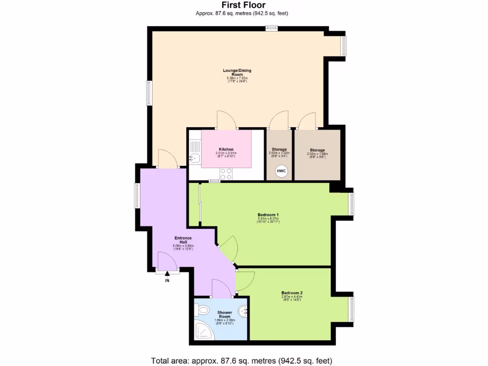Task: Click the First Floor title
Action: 244,5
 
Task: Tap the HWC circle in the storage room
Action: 281,171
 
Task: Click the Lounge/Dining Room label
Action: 237,72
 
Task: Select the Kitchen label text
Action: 226,149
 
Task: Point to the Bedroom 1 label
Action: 268,214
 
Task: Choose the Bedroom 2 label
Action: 292,293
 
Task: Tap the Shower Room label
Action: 224,315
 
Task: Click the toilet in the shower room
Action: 203,310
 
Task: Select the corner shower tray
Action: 204,330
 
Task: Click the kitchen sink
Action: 194,158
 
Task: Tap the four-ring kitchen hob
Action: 226,174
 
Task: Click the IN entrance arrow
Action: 167,274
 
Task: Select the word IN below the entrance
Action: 167,281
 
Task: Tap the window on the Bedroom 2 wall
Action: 352,309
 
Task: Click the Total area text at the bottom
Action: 241,360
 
